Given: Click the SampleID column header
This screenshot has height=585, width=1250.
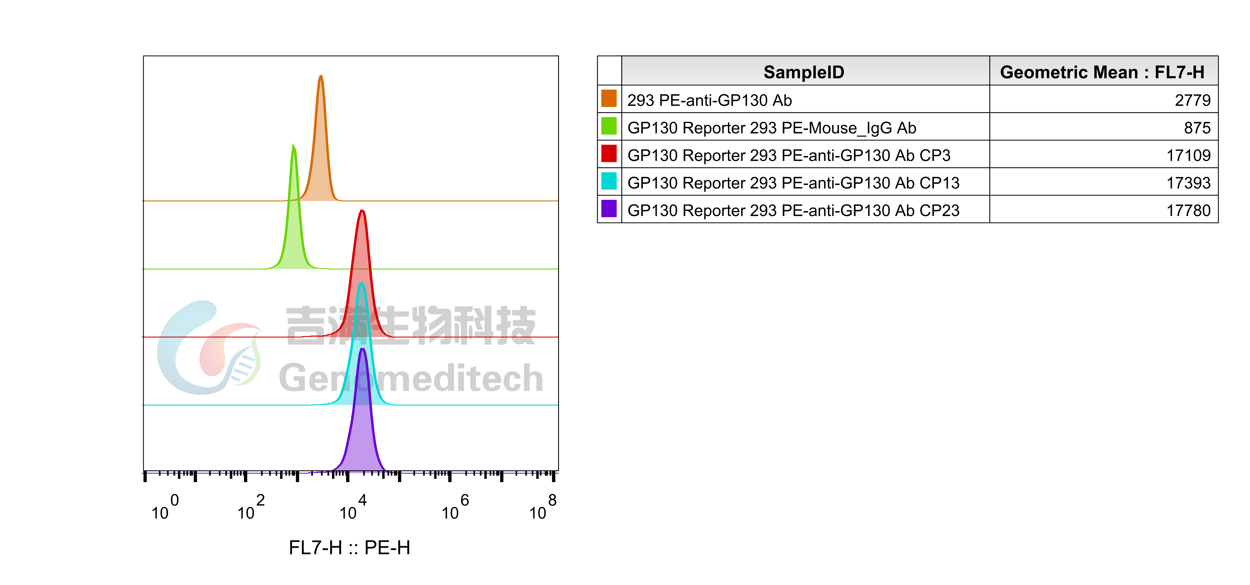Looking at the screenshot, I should pyautogui.click(x=804, y=72).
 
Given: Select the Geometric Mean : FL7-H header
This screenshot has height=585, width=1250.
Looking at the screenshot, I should pyautogui.click(x=1102, y=72).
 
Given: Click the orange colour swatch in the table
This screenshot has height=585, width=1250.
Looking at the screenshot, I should pyautogui.click(x=609, y=98).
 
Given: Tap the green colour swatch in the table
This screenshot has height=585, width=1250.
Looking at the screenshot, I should pyautogui.click(x=609, y=126).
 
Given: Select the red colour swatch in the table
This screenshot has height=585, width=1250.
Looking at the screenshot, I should pyautogui.click(x=609, y=154).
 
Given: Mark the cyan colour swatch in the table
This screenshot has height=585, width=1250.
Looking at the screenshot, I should pyautogui.click(x=609, y=181).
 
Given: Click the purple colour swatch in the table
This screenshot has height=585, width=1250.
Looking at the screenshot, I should pyautogui.click(x=609, y=209).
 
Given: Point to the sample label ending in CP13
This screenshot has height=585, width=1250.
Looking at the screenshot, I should pyautogui.click(x=793, y=183).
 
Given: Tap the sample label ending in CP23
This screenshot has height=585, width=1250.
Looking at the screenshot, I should pyautogui.click(x=793, y=211).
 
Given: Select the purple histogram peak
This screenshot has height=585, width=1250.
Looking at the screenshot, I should pyautogui.click(x=362, y=427).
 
